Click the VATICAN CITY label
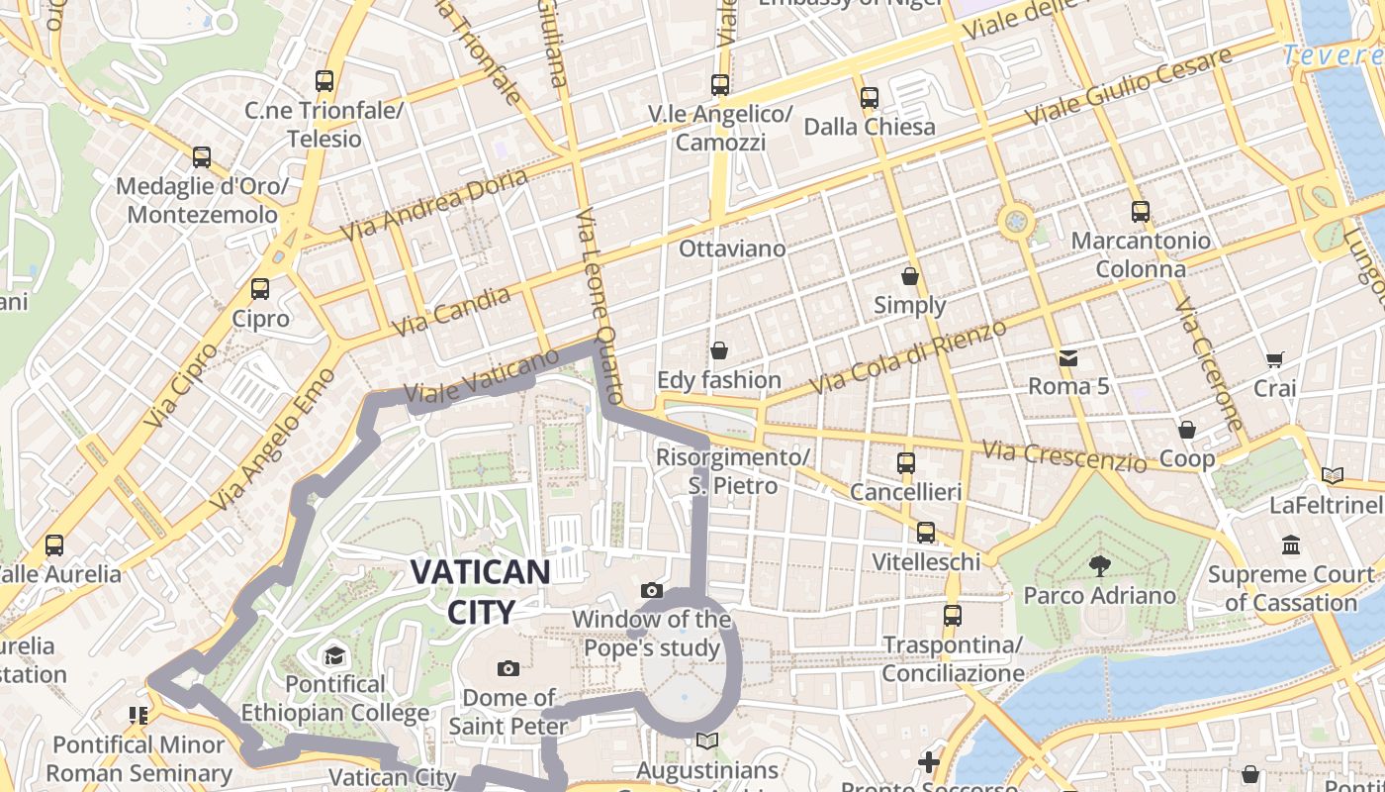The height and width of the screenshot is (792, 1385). tap(480, 591)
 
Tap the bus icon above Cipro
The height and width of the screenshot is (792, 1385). tap(260, 289)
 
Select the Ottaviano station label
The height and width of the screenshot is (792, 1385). tap(732, 248)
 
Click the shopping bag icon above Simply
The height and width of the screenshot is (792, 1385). tap(910, 276)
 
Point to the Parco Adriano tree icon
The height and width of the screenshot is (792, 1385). tap(1099, 566)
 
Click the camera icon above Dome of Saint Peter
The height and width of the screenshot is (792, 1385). tap(508, 668)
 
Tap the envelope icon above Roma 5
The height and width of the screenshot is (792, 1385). tap(1068, 357)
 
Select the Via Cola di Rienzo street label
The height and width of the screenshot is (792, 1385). tap(907, 356)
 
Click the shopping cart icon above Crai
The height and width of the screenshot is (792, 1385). tap(1275, 359)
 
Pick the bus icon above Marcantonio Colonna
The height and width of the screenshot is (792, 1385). tap(1141, 211)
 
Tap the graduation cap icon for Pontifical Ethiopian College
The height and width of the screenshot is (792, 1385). tap(334, 655)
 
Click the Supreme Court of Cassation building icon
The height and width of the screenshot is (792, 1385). tap(1291, 545)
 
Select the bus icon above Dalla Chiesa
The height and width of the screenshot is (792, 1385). tap(870, 98)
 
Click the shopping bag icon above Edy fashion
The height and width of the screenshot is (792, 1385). tap(719, 350)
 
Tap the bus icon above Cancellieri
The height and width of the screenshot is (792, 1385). tap(905, 462)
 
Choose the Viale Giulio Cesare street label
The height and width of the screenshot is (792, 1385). tap(1128, 86)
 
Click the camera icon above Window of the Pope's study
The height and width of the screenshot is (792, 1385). tap(652, 591)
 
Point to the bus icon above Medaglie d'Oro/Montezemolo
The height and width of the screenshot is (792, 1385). tap(202, 157)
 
